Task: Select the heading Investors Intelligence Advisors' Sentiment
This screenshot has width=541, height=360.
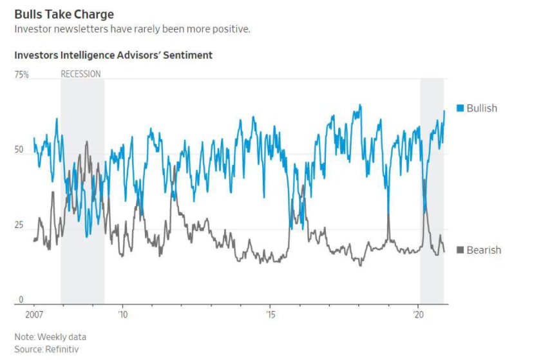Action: click(x=113, y=55)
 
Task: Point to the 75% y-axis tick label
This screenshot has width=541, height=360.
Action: click(x=22, y=75)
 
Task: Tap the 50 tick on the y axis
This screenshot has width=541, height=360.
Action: click(x=19, y=150)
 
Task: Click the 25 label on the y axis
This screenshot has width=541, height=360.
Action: click(x=19, y=225)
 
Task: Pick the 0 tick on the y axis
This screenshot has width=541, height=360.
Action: click(x=20, y=299)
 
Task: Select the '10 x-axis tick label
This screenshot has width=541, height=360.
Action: click(x=123, y=315)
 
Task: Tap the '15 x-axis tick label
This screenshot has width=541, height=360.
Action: click(x=270, y=315)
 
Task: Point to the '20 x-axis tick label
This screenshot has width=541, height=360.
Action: click(x=419, y=315)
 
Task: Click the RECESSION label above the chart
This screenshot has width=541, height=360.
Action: click(x=81, y=74)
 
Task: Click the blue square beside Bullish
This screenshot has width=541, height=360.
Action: click(x=460, y=108)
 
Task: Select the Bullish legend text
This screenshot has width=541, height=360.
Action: click(x=482, y=108)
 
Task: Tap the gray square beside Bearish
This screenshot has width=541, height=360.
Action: click(x=460, y=250)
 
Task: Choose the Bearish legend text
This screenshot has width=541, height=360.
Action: click(x=484, y=250)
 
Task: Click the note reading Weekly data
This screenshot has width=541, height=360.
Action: click(x=62, y=337)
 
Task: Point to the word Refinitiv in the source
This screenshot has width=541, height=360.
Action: click(x=62, y=349)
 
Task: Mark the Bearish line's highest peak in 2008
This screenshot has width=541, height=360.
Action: click(x=86, y=141)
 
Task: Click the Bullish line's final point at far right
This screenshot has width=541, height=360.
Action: click(x=444, y=111)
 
